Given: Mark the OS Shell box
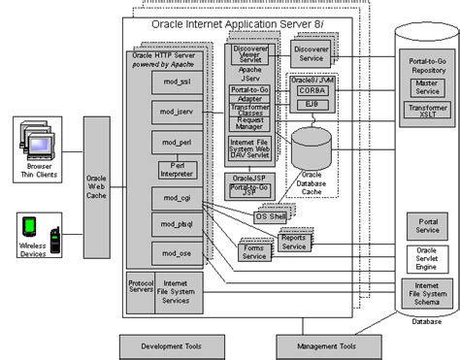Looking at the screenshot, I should click(x=273, y=216).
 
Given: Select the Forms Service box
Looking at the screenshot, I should click(x=253, y=253).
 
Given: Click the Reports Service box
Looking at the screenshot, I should click(x=294, y=242).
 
